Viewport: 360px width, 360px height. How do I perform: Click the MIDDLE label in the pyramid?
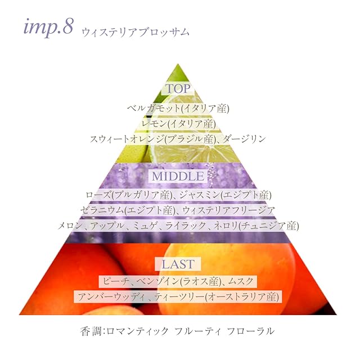pos(177,176)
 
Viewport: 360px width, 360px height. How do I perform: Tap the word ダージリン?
pos(242,138)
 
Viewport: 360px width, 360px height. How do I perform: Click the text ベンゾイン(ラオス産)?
pos(183,280)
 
